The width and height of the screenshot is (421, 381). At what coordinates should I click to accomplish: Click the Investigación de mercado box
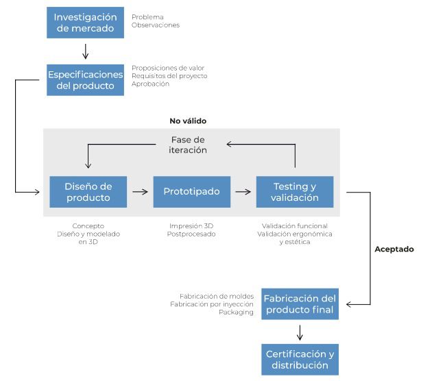86,23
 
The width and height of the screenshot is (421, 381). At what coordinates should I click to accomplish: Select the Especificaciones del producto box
86,80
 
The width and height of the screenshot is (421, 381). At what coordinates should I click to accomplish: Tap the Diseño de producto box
88,192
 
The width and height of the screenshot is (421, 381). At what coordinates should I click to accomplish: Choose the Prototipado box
192,192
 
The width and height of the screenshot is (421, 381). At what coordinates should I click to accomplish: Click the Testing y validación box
295,192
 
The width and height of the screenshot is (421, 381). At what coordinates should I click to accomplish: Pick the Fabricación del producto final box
300,304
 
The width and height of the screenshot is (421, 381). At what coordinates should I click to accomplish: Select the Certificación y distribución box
300,360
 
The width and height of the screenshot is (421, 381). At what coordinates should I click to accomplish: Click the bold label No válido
188,121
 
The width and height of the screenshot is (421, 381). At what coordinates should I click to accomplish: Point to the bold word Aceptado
394,249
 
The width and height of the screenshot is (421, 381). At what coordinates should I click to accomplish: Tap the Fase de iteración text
188,145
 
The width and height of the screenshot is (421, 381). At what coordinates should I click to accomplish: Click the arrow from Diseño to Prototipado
140,192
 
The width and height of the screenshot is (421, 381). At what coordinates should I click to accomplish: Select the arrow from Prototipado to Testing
243,192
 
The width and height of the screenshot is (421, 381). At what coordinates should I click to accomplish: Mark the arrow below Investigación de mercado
86,51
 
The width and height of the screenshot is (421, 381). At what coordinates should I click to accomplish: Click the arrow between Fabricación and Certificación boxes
300,333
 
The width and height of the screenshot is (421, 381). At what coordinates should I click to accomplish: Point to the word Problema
147,17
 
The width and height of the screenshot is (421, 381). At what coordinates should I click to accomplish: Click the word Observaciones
156,25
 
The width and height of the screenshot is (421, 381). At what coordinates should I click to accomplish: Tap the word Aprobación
150,84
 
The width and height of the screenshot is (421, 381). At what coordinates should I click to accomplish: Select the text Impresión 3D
191,226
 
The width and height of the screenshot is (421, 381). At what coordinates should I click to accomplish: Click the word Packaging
236,312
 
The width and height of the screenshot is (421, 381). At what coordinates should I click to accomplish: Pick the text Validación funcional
295,226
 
